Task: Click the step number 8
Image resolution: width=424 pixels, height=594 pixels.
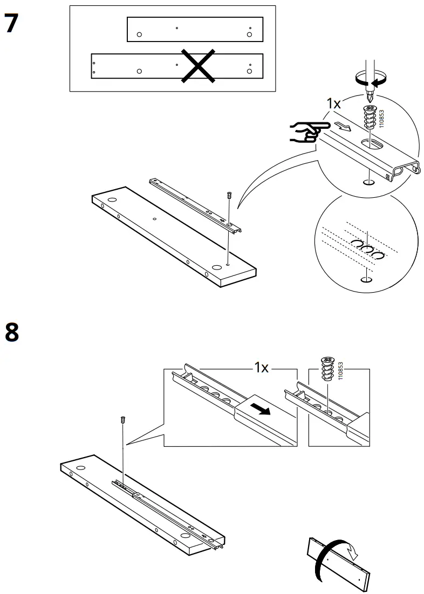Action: (x=11, y=332)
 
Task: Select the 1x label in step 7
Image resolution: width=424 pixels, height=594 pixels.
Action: (x=333, y=104)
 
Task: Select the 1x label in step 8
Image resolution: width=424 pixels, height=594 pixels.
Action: (x=261, y=368)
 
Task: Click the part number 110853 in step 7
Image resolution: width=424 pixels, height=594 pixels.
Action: (x=382, y=117)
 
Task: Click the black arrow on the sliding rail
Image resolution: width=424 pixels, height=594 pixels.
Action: (x=261, y=411)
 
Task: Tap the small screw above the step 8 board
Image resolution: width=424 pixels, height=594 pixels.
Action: (x=124, y=419)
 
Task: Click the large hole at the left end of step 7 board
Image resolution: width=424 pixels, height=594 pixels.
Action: (x=113, y=200)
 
